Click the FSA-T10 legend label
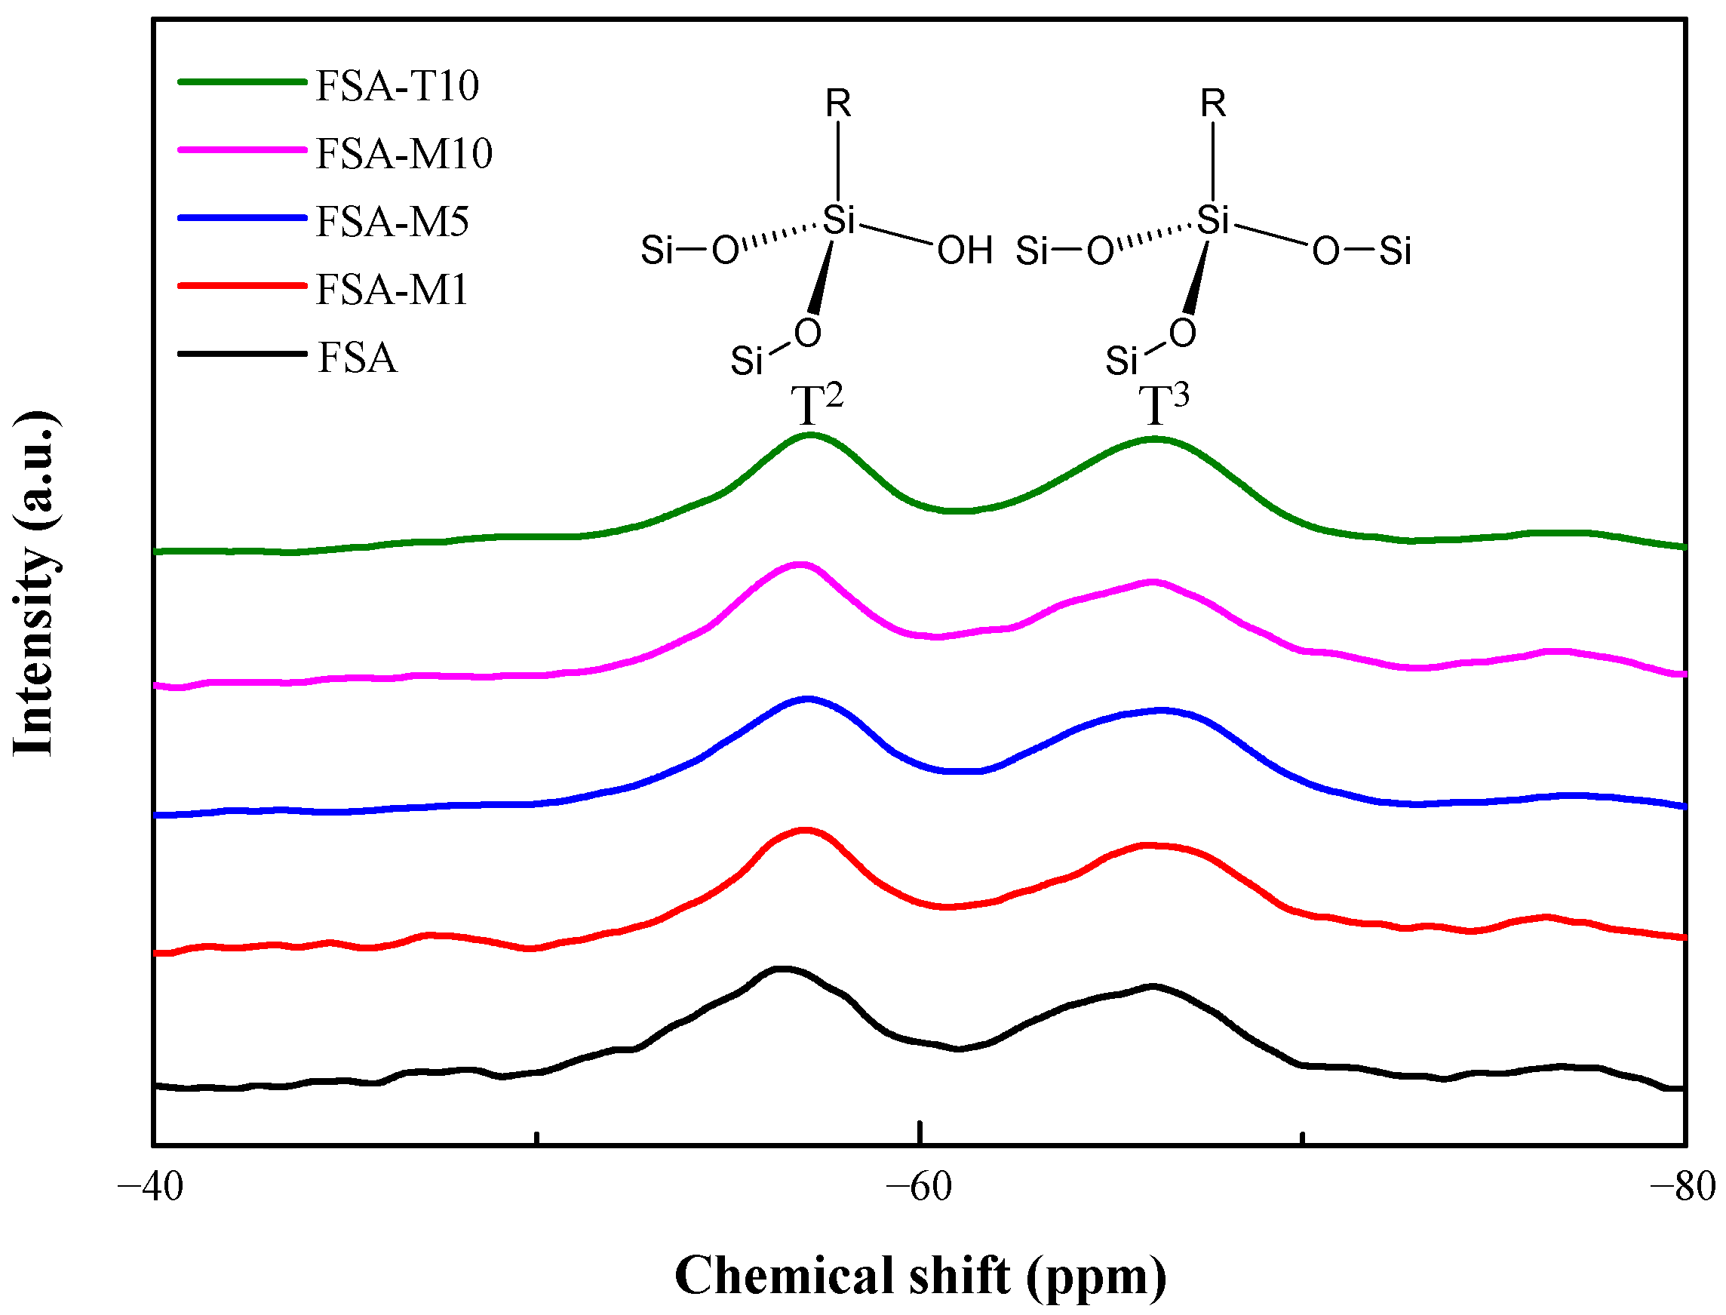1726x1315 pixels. click(x=397, y=85)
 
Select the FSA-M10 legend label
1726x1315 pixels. click(x=404, y=153)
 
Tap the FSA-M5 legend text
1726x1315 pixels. click(x=392, y=222)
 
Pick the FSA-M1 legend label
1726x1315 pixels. click(x=392, y=290)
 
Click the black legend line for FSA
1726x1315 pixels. click(x=242, y=354)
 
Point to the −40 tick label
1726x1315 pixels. click(x=150, y=1188)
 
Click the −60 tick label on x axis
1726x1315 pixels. click(x=919, y=1188)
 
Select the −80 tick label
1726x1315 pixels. click(x=1684, y=1188)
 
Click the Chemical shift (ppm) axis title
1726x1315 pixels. click(x=920, y=1276)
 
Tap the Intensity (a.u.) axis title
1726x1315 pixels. click(x=35, y=583)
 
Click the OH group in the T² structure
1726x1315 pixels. click(x=965, y=251)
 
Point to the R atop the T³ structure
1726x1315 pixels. click(x=1213, y=103)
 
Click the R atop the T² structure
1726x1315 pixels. click(x=838, y=103)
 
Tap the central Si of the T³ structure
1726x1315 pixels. click(x=1213, y=220)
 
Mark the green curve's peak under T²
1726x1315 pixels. click(x=811, y=435)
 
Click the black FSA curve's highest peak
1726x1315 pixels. click(x=782, y=969)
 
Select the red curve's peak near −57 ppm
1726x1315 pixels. click(x=805, y=830)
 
